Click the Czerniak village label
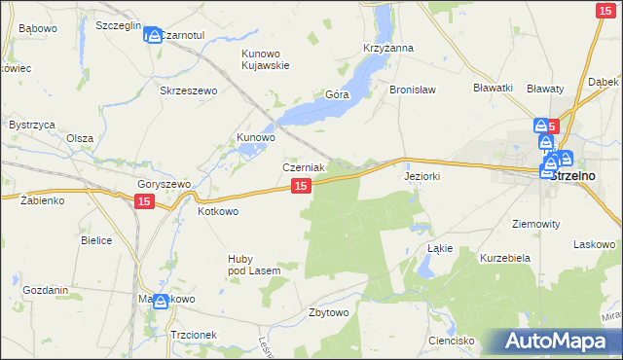pyautogui.click(x=304, y=167)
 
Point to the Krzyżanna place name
pyautogui.click(x=388, y=48)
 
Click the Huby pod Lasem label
pyautogui.click(x=254, y=264)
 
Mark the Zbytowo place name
pyautogui.click(x=328, y=312)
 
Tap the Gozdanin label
pyautogui.click(x=45, y=290)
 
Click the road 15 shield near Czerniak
pyautogui.click(x=301, y=185)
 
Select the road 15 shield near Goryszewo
pyautogui.click(x=143, y=200)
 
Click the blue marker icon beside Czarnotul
pyautogui.click(x=152, y=36)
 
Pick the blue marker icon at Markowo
pyautogui.click(x=161, y=302)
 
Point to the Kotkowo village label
pyautogui.click(x=218, y=210)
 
